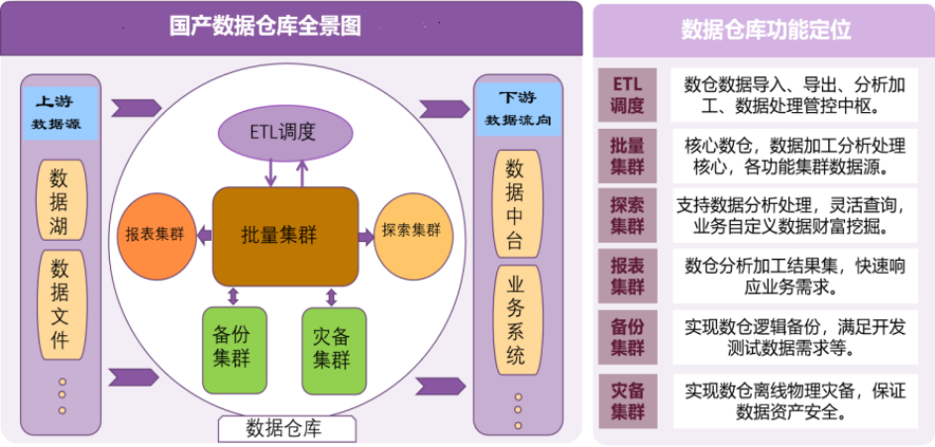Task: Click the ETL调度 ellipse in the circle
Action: [285, 132]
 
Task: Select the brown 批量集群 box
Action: [285, 235]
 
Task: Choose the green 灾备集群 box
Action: [333, 349]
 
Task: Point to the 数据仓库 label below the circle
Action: [285, 428]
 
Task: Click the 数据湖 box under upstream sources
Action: [60, 202]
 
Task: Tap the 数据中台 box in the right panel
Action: [516, 202]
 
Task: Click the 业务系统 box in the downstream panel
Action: [516, 317]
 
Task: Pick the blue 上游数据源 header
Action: [60, 112]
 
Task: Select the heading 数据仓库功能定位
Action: [765, 29]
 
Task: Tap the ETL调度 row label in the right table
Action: [627, 94]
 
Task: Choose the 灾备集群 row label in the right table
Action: [627, 399]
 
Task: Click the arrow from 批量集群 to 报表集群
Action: [203, 235]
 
